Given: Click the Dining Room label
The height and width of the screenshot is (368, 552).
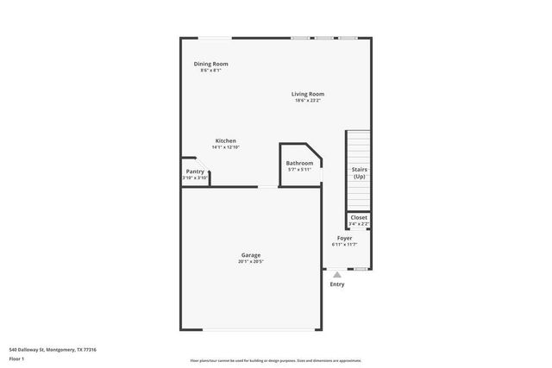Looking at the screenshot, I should (x=210, y=64).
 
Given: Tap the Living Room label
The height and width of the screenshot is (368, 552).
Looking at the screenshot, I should (x=307, y=94).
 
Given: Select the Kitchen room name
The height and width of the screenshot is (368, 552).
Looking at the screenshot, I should (x=225, y=140).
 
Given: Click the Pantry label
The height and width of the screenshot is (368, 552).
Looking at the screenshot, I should (x=195, y=172).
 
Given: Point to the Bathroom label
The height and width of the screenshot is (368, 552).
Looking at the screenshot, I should (x=299, y=163).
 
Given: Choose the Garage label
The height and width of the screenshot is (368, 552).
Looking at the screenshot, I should (x=251, y=254).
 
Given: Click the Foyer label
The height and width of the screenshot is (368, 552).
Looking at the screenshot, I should (x=344, y=238).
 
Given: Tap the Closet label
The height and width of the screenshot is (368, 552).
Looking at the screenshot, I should (x=359, y=217).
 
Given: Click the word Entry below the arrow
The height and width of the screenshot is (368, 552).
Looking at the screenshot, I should (x=336, y=284).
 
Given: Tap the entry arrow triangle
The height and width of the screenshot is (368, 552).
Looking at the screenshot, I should (x=336, y=275).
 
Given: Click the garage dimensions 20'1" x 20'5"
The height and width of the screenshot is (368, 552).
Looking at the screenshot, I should (x=251, y=261).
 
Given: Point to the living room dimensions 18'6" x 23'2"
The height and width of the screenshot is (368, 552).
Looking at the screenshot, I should (x=307, y=101).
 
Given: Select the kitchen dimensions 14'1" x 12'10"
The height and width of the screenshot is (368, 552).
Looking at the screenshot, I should (x=225, y=147).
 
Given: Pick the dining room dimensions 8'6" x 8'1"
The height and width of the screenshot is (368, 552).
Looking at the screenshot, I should (x=210, y=71).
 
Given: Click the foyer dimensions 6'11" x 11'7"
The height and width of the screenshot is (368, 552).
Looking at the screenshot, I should (x=344, y=245).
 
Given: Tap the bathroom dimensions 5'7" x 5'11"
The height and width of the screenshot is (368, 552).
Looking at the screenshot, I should (x=299, y=170).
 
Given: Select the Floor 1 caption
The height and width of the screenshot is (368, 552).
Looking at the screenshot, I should (x=17, y=359).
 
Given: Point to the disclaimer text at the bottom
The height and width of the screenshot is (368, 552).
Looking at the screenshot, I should (x=276, y=359).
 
